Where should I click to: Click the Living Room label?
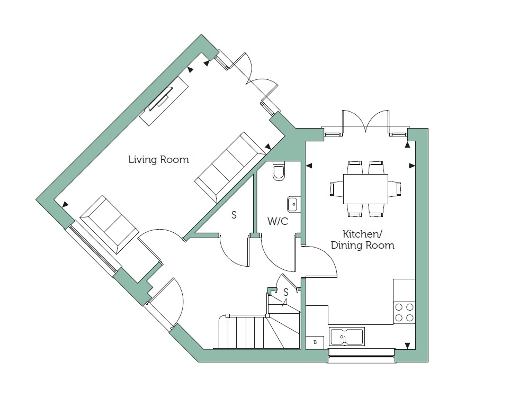[x=158, y=159]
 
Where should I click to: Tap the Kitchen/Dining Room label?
[x=362, y=240]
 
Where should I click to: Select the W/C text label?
[x=278, y=221]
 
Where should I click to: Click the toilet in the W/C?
[x=280, y=171]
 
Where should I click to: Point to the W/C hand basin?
[x=294, y=204]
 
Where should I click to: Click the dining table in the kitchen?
[x=365, y=189]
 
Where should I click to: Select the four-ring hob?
[x=404, y=313]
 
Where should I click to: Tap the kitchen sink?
[x=347, y=336]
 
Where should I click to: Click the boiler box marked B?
[x=315, y=342]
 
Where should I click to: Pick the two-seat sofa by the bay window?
[x=109, y=225]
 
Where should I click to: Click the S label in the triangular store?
[x=234, y=215]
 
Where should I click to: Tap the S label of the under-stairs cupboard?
[x=286, y=293]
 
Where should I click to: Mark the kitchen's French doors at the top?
[x=365, y=122]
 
